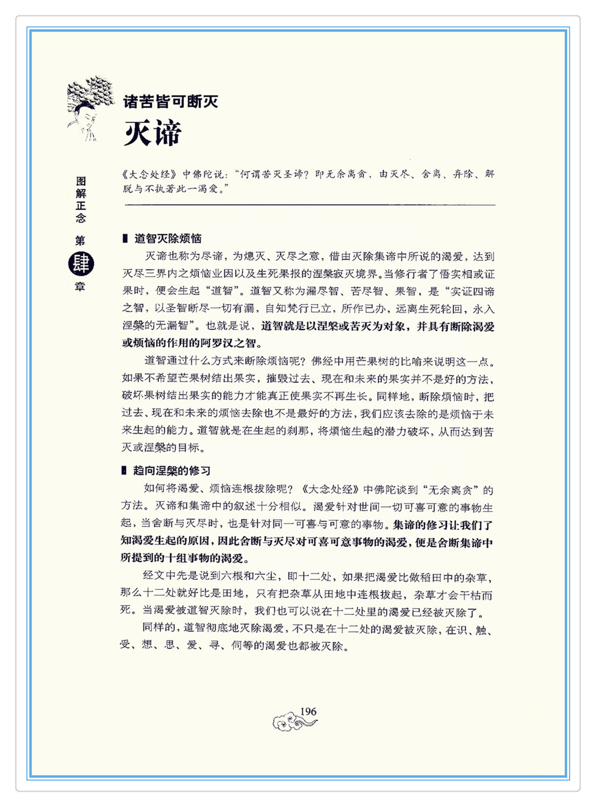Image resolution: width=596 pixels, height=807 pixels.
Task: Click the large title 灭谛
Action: (153, 133)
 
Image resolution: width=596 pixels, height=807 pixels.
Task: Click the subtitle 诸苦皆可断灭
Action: (171, 102)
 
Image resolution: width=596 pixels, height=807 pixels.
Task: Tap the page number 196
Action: (308, 711)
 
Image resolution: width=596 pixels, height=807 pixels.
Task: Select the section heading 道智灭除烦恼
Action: (168, 238)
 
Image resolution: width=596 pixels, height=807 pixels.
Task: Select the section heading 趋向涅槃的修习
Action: (172, 470)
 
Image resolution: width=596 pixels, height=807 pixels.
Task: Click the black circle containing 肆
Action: (81, 264)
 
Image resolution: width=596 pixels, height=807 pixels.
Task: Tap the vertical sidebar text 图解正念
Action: (81, 199)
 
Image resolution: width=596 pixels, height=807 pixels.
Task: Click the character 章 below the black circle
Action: (80, 287)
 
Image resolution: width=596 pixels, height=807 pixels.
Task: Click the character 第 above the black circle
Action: (80, 241)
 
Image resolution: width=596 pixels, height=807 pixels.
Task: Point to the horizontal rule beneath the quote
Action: (309, 205)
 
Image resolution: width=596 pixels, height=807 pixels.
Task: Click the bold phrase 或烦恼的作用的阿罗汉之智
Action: (192, 344)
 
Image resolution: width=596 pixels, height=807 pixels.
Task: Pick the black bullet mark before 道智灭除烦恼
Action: (125, 238)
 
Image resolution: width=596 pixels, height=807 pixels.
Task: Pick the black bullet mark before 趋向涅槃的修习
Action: (124, 470)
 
